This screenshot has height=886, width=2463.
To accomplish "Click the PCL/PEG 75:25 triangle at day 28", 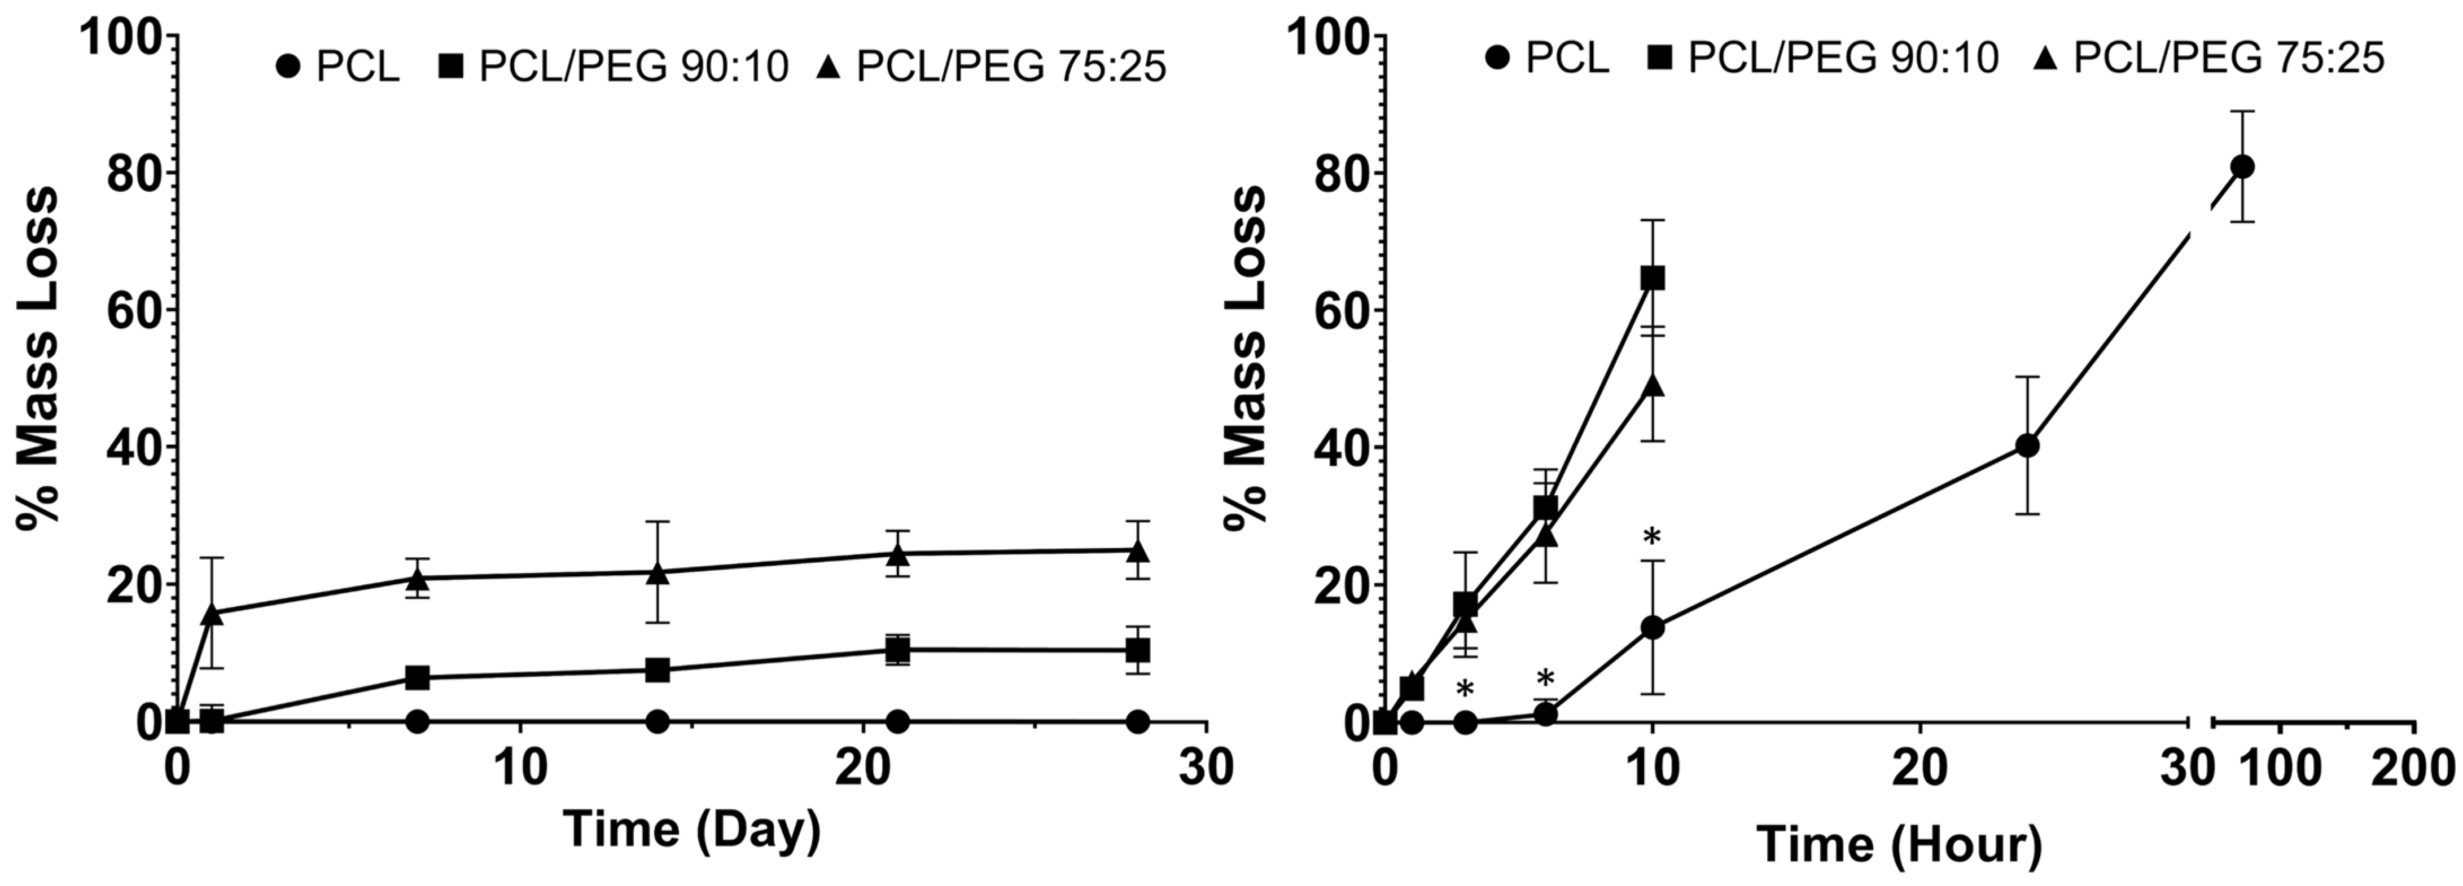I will point(1137,552).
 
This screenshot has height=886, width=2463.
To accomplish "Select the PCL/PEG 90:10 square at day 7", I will point(417,678).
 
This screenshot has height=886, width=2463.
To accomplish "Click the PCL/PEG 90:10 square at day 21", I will point(897,650).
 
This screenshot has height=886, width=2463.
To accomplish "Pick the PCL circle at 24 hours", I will point(2027,446).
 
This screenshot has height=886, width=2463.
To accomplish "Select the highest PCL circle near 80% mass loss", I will point(2242,166).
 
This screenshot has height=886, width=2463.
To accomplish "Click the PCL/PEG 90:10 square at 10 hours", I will point(1652,278).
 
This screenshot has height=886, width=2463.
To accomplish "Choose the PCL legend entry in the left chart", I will point(336,67).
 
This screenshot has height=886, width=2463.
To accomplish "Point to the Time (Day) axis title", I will point(691,828).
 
